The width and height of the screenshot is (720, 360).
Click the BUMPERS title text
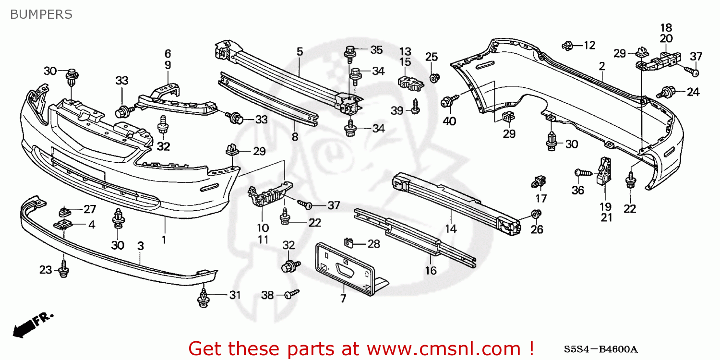tap(41, 14)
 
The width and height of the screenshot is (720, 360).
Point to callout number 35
tap(376, 50)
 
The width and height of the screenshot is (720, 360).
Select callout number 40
tap(449, 121)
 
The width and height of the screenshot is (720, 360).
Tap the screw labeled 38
tap(290, 294)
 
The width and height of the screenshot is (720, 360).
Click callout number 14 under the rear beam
tap(450, 229)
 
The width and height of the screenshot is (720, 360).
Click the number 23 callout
tap(46, 270)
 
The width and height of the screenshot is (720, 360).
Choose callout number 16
tap(431, 270)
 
